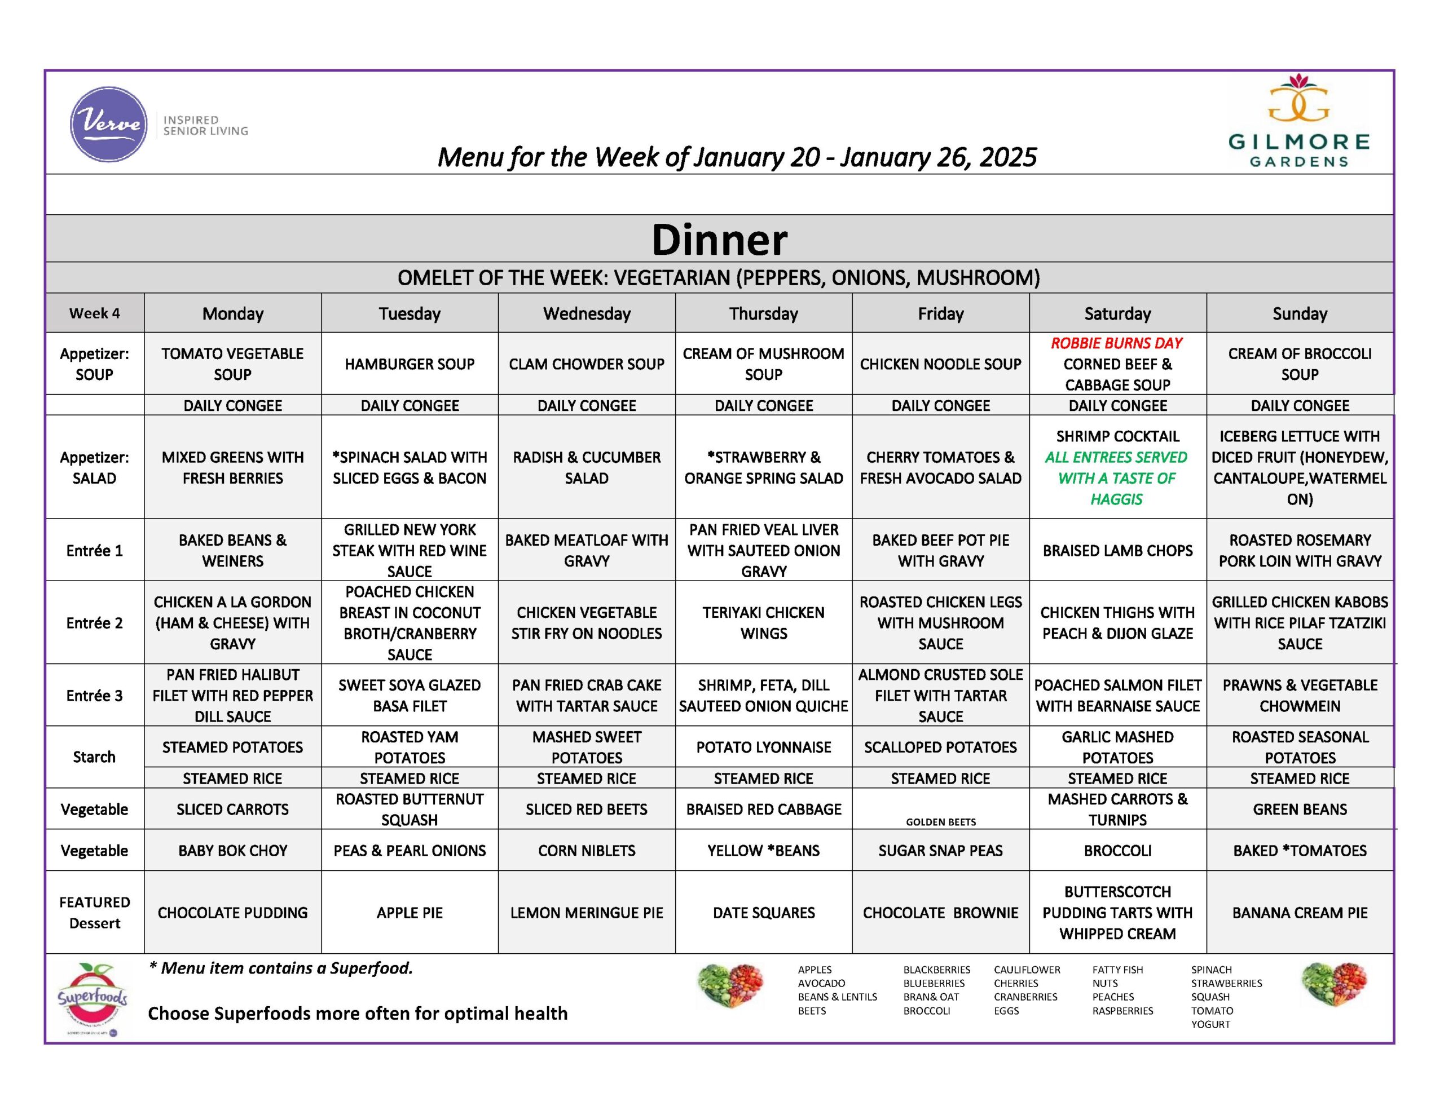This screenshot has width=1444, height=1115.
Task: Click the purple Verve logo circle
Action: (108, 124)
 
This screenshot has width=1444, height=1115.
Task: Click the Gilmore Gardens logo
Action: (1298, 122)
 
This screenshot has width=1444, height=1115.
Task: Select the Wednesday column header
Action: (587, 313)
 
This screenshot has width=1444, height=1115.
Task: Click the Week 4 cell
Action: (95, 313)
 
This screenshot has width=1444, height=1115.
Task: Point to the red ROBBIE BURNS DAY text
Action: (1117, 343)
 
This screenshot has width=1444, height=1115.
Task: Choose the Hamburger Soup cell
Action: (410, 364)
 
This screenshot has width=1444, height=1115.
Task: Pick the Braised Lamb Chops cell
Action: (1117, 551)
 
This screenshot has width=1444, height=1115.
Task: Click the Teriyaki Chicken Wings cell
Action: (764, 622)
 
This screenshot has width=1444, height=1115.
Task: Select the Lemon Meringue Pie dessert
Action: (587, 913)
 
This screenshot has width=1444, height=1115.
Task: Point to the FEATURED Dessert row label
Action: (95, 913)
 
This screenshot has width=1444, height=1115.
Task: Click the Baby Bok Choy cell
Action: (233, 851)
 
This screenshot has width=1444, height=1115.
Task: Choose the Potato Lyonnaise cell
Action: (764, 747)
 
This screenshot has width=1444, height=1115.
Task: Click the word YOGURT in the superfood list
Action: (1210, 1024)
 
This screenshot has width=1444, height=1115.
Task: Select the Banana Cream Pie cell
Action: (1300, 913)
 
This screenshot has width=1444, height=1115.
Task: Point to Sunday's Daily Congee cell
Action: (1300, 405)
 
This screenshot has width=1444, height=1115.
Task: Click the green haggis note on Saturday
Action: (1117, 478)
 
